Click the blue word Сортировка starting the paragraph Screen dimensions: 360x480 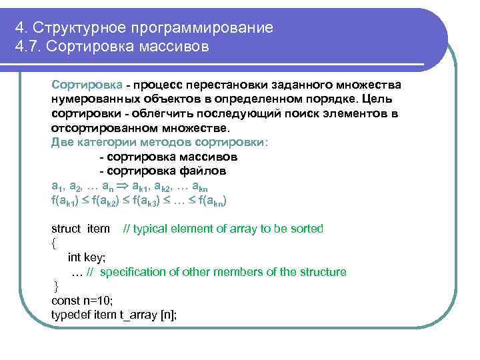coord(87,85)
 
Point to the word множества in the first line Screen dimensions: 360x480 coord(368,85)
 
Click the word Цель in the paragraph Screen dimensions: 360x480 coord(384,99)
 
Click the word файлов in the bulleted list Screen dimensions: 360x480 coord(205,171)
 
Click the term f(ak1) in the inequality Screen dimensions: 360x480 coord(67,200)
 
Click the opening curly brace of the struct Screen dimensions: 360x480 coord(54,243)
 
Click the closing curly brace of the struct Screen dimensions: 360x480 coord(56,287)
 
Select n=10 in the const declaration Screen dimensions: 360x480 coord(98,301)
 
